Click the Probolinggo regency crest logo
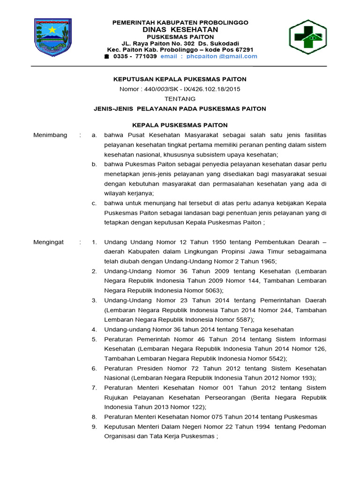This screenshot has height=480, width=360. (53, 37)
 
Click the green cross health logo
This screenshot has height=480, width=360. (307, 37)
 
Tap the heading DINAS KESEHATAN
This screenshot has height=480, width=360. (180, 30)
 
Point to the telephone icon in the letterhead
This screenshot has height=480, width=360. (106, 56)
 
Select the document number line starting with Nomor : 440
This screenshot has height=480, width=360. (180, 89)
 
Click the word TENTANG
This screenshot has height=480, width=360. (180, 99)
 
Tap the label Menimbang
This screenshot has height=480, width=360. (50, 135)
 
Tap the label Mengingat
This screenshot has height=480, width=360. (49, 242)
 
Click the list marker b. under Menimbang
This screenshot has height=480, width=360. (94, 164)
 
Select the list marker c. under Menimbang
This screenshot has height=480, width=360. (94, 203)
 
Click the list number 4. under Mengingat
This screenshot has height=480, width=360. (94, 330)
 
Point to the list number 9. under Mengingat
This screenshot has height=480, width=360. (94, 427)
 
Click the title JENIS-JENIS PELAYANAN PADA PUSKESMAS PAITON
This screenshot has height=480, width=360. (180, 109)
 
